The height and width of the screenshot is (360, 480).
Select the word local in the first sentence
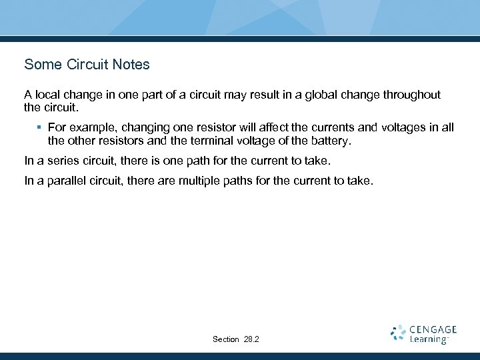tap(47, 95)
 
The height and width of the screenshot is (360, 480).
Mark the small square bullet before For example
tap(40, 127)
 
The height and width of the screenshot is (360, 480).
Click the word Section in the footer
tap(225, 339)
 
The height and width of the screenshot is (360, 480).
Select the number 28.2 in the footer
tap(251, 339)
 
